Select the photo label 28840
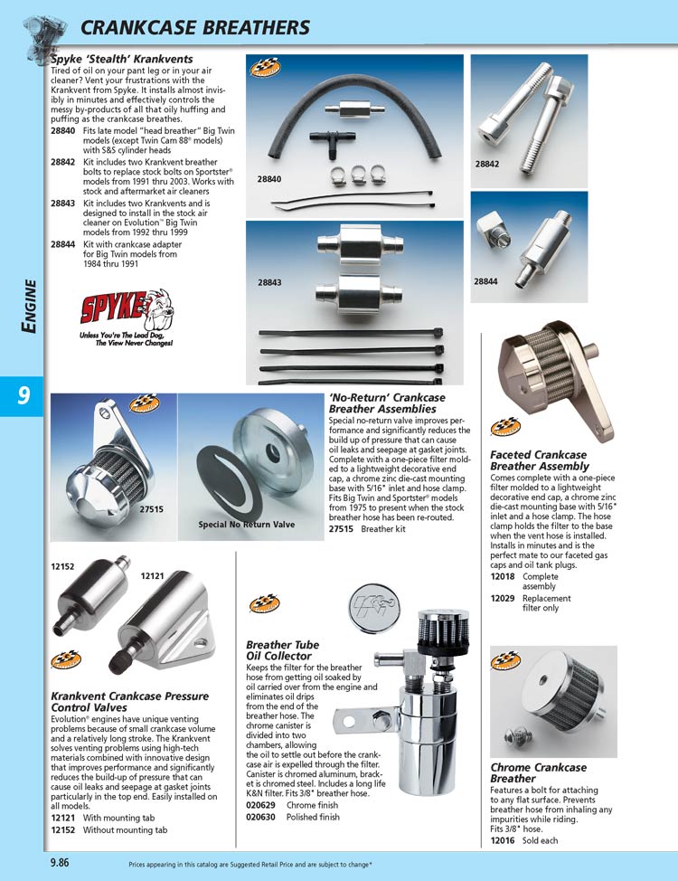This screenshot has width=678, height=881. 268,179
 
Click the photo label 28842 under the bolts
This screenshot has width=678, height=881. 488,164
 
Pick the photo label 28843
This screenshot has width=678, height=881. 268,282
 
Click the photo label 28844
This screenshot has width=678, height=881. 486,281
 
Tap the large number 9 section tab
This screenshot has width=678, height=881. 21,396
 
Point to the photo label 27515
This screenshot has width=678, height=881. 151,509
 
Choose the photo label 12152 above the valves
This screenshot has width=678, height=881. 62,566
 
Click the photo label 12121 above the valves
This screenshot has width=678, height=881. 153,575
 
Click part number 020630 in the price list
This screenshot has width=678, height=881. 260,817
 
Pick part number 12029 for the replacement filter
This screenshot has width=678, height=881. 503,598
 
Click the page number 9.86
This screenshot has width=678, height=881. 62,863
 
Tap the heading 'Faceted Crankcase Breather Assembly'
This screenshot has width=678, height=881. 539,460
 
